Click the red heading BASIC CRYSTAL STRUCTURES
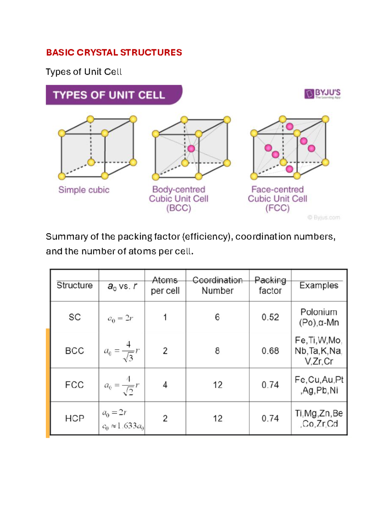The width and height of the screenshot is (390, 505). pyautogui.click(x=114, y=52)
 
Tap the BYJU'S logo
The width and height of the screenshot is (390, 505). pyautogui.click(x=322, y=94)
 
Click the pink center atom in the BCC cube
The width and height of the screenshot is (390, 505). pyautogui.click(x=191, y=149)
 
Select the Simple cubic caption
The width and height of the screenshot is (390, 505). pyautogui.click(x=84, y=190)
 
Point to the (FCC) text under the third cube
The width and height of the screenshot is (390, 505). pyautogui.click(x=277, y=208)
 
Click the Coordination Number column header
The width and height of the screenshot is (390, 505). pyautogui.click(x=217, y=285)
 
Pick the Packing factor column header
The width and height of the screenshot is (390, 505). pyautogui.click(x=270, y=285)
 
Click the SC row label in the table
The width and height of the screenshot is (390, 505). pyautogui.click(x=74, y=317)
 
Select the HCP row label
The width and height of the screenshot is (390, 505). pyautogui.click(x=74, y=418)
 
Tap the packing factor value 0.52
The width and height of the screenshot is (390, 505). pyautogui.click(x=270, y=317)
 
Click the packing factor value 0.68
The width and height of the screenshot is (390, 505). pyautogui.click(x=270, y=351)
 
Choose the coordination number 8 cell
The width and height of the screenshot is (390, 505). pyautogui.click(x=217, y=351)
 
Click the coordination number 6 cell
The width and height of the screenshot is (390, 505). pyautogui.click(x=217, y=317)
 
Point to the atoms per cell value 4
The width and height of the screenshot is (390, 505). pyautogui.click(x=165, y=385)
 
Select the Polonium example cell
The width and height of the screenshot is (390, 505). pyautogui.click(x=319, y=317)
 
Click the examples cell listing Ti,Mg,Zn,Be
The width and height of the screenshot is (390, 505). pyautogui.click(x=319, y=418)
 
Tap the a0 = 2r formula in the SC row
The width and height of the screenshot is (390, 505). pyautogui.click(x=120, y=318)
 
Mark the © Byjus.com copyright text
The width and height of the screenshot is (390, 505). pyautogui.click(x=324, y=217)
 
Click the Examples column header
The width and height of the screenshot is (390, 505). pyautogui.click(x=319, y=285)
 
